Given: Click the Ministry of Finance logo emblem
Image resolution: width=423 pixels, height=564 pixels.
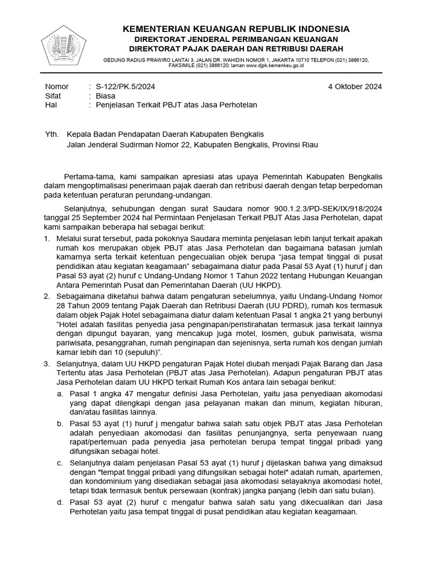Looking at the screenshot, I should click(64, 46).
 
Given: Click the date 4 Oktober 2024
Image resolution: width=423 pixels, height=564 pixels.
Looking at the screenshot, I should click(352, 86).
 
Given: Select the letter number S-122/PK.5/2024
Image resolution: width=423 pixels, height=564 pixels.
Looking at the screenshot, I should click(125, 86).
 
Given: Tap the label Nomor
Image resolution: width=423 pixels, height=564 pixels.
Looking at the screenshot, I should click(56, 86).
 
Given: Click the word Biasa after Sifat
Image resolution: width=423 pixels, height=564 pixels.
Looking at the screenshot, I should click(105, 95).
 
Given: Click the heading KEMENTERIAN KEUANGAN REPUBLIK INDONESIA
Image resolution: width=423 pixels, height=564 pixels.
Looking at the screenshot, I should click(235, 29).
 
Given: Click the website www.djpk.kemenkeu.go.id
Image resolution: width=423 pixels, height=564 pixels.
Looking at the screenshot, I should click(267, 65).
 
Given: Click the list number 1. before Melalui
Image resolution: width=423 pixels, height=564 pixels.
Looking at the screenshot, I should click(47, 238).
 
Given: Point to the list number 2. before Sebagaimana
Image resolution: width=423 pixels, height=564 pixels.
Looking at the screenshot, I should click(47, 296).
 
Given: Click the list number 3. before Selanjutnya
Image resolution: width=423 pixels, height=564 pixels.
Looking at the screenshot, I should click(47, 364).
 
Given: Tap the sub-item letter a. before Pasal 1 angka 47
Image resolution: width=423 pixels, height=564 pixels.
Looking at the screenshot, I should click(60, 393).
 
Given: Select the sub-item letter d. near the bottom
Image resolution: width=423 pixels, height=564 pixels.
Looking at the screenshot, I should click(60, 502).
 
